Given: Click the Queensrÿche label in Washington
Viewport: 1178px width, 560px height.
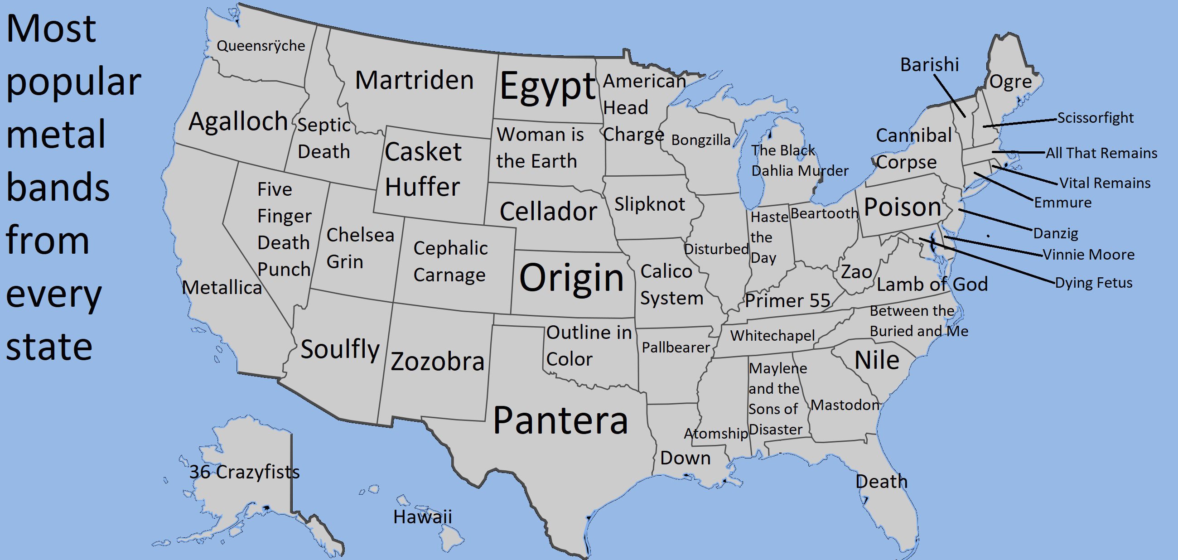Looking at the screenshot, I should pos(261,46).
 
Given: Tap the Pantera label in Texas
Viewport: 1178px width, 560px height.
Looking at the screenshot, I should pos(560,420).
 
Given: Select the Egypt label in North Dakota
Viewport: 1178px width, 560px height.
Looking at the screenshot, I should pos(548,87).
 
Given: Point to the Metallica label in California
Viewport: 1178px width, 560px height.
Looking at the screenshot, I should pos(222,288).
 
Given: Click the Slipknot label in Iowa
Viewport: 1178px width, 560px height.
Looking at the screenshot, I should pos(649,204).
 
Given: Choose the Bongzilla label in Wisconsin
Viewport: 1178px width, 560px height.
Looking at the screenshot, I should pos(700,140).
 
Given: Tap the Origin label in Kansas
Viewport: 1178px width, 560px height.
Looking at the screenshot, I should pos(572,277).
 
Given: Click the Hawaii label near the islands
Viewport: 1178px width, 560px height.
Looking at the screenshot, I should pos(422,517).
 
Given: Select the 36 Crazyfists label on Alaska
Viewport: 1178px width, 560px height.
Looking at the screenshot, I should pos(245,472).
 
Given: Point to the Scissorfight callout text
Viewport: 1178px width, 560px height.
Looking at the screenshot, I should pos(1095,118).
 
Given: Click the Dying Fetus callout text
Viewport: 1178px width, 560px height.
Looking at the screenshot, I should pos(1093,283).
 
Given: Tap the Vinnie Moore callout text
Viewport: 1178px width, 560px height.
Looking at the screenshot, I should pos(1088,254).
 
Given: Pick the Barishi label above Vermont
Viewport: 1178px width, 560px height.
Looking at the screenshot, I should pos(929,65).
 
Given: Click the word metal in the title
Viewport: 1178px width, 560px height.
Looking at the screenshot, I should pos(56,135).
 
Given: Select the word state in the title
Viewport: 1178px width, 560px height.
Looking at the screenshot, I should pos(49,347).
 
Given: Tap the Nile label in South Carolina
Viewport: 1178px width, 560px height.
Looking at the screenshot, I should pos(877,360).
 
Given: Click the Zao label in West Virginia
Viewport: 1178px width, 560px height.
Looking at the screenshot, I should pos(856,272).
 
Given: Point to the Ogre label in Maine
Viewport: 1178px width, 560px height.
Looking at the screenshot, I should pos(1011,82).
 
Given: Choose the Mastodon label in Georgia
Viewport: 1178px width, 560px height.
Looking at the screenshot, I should pos(845,405).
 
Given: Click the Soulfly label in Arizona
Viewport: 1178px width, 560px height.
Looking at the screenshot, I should pos(340,350).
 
